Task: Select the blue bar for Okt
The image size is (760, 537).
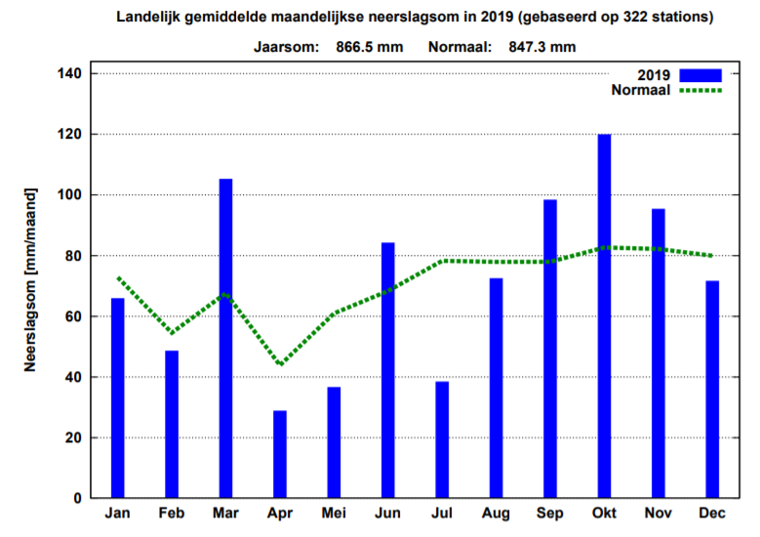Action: [x=604, y=316]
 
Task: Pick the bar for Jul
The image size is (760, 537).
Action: [x=442, y=439]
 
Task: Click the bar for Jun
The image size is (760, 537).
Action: [x=388, y=370]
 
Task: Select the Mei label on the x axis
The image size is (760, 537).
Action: [x=334, y=515]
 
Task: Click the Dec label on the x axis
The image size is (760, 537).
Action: [x=712, y=515]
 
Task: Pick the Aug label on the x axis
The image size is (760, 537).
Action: [x=496, y=515]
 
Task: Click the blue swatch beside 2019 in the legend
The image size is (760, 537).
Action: [x=700, y=75]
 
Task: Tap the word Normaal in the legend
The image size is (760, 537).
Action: [x=640, y=91]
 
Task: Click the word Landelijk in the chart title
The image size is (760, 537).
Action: [x=149, y=18]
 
